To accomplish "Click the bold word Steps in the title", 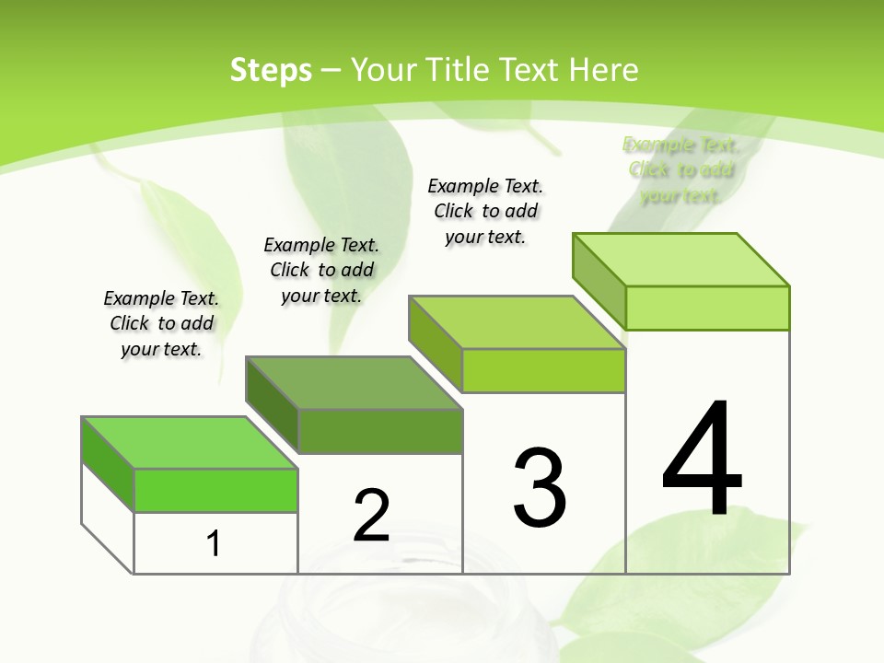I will click(271, 70).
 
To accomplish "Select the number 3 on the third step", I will click(540, 488).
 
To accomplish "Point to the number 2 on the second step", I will click(372, 516).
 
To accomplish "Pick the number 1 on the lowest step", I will click(214, 543).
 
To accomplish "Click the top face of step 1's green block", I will click(189, 443).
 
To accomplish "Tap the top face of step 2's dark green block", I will click(353, 382).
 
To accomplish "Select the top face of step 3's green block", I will click(517, 322).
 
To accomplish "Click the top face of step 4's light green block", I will click(680, 260).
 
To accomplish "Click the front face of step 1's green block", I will click(215, 490).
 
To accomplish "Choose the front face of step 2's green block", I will click(379, 431).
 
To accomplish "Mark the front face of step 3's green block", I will click(543, 370).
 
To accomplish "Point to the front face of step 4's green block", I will click(707, 308).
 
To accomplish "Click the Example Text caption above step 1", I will click(161, 323).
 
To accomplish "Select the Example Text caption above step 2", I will click(321, 270).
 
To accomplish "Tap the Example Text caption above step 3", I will click(485, 211).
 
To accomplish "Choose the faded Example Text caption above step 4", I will click(680, 169).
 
